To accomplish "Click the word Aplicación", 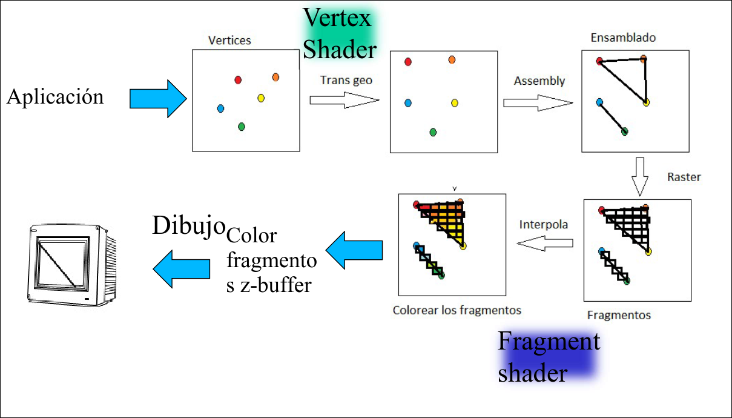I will [x=55, y=97].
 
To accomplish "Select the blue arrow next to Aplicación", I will [x=157, y=98].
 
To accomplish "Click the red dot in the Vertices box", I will [x=238, y=79].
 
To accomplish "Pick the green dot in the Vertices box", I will [x=242, y=127].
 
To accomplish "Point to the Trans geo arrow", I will [x=343, y=100].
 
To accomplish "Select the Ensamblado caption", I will [x=623, y=38].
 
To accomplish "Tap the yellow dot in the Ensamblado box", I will [x=647, y=102].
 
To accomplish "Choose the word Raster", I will [x=684, y=177].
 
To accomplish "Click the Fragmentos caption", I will [x=619, y=315].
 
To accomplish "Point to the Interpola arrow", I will [x=544, y=243].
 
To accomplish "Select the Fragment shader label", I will [x=548, y=357].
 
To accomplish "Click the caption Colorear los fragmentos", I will [x=457, y=310].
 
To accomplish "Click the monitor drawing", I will [x=71, y=264].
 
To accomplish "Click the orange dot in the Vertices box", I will [x=275, y=77].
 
